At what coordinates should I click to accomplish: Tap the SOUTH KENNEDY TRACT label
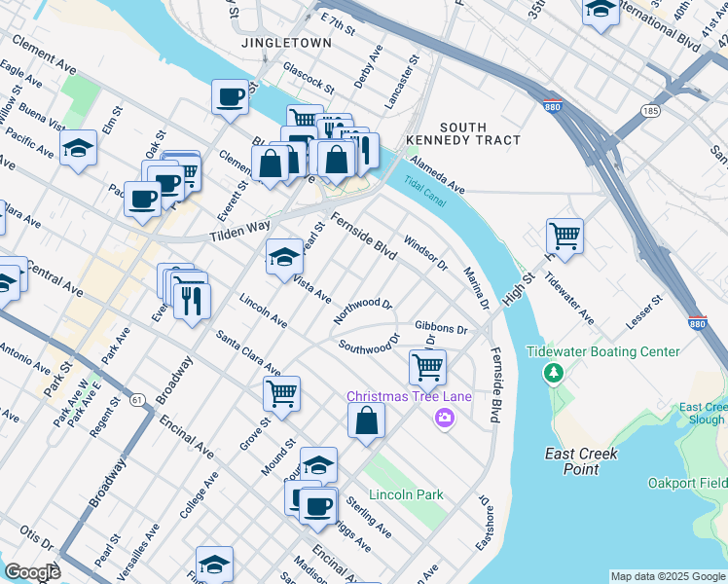coord(479,133)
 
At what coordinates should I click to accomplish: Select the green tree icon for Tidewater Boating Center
coord(553,373)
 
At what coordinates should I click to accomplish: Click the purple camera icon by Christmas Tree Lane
coord(445,418)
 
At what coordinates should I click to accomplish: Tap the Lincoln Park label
coord(406,494)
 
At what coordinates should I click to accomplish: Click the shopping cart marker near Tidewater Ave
coord(564,235)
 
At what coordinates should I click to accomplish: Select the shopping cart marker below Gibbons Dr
coord(427,367)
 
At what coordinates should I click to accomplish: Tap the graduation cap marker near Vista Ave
coord(284,257)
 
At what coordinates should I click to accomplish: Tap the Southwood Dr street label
coord(369,344)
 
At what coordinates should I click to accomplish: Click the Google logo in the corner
coord(33,571)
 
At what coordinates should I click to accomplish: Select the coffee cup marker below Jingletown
coord(230,97)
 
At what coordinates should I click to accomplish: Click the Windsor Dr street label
coord(424,251)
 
